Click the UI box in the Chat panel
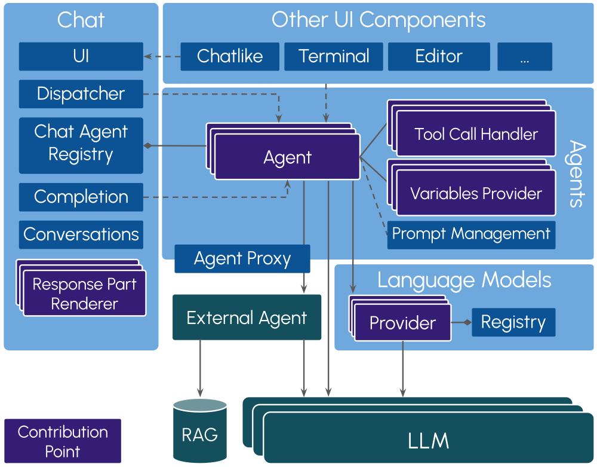(x=81, y=56)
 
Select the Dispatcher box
(x=81, y=94)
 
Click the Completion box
(x=81, y=197)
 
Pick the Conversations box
(x=81, y=234)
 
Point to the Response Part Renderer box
(x=84, y=294)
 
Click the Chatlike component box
(x=230, y=56)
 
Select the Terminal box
(x=334, y=56)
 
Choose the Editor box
(x=439, y=56)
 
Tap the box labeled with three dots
(x=525, y=56)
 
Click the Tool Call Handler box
(x=476, y=135)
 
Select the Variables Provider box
(x=476, y=194)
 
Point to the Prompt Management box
(x=471, y=234)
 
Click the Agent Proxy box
(x=242, y=259)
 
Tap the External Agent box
(x=247, y=318)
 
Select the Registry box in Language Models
(x=513, y=322)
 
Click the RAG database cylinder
(x=200, y=431)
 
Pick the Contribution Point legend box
(x=63, y=441)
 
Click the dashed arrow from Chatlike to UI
(x=162, y=57)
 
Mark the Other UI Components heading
(x=378, y=20)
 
